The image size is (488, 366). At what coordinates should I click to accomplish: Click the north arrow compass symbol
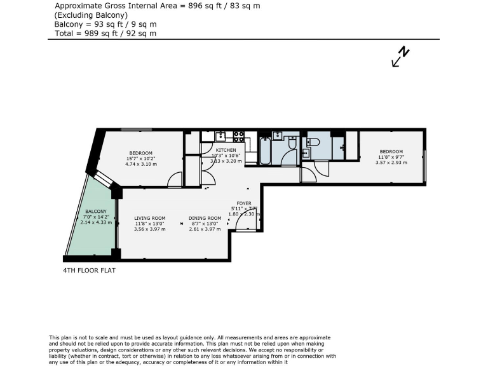401,57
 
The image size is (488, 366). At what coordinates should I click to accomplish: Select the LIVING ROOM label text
149,218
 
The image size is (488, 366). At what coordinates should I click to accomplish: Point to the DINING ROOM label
205,218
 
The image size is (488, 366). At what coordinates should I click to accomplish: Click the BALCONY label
96,212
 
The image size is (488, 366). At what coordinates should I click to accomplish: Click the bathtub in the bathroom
264,150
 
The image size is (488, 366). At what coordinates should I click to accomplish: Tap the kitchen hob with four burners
239,135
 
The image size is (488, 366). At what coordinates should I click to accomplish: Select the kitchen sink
221,135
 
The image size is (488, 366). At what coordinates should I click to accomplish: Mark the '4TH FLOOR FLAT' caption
90,270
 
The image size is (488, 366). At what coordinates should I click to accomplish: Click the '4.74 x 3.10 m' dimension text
140,164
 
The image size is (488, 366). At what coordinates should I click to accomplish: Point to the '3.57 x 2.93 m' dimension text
391,162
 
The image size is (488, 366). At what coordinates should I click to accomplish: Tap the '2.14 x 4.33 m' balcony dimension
96,222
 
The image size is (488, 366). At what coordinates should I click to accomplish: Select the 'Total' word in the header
64,33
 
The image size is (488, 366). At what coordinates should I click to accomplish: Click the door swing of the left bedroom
173,181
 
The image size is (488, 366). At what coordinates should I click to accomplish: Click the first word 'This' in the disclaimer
55,337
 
